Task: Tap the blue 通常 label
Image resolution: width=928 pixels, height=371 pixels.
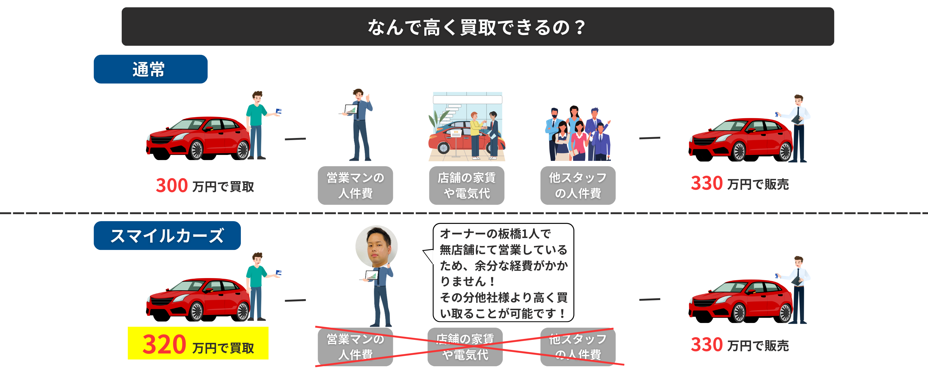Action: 150,69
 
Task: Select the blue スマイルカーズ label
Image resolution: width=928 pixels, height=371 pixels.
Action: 167,236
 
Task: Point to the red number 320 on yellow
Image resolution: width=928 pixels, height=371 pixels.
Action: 164,344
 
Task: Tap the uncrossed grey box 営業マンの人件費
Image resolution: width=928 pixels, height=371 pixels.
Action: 355,185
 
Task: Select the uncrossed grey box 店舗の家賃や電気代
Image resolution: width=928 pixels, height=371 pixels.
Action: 466,185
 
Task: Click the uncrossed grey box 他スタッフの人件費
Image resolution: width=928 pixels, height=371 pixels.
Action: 578,185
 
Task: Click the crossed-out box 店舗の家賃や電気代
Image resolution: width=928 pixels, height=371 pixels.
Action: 465,346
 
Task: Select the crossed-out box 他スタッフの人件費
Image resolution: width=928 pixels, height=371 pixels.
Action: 578,346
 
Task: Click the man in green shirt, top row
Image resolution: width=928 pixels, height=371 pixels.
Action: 257,124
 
